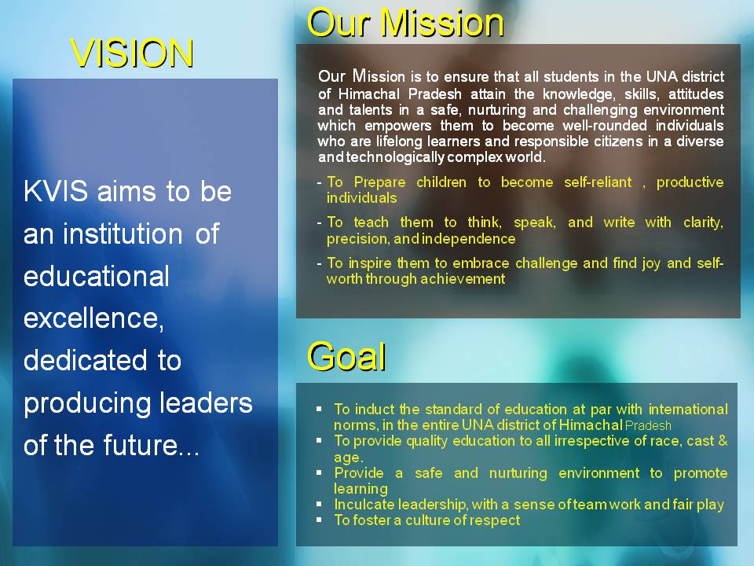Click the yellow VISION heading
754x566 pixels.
[x=132, y=53]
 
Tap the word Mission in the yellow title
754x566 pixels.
[x=442, y=23]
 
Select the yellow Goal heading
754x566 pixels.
[x=346, y=357]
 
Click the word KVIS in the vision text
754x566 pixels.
[x=56, y=191]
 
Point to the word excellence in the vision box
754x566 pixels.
[x=93, y=318]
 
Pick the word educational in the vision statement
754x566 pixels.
[x=96, y=276]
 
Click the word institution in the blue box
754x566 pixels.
[x=123, y=234]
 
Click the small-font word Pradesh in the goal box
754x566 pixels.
[x=648, y=426]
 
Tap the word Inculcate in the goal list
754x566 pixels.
[x=364, y=505]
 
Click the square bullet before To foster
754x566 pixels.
[x=319, y=520]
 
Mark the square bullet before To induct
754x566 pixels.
[x=319, y=409]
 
